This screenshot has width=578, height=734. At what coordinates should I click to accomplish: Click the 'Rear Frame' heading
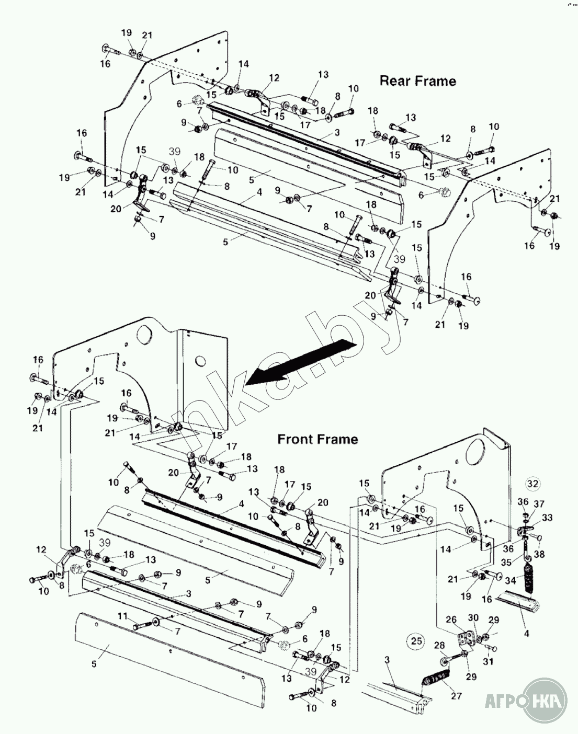pos(417,81)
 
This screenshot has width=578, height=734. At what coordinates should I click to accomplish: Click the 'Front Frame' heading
pos(318,439)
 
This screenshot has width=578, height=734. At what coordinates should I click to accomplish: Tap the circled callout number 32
pos(532,483)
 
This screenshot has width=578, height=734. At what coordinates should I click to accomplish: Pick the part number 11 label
pos(122,616)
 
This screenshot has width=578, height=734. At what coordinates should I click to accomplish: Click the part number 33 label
pos(548,518)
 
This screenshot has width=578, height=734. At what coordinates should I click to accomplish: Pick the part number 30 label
pos(473,618)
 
